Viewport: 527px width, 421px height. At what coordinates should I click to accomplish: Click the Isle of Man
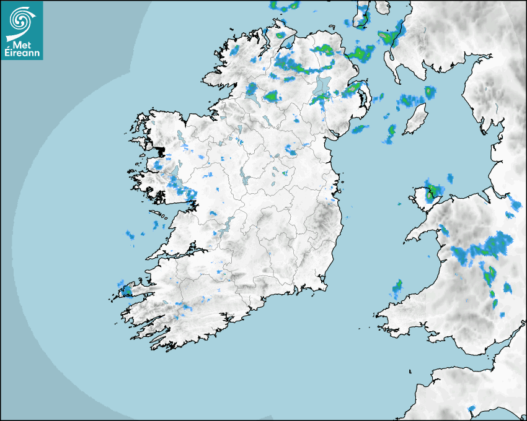[416, 119]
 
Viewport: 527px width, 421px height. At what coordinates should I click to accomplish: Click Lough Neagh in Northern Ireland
[322, 85]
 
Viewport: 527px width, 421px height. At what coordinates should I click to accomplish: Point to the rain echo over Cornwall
[471, 409]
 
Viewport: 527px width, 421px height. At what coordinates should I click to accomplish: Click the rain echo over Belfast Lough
[352, 89]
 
